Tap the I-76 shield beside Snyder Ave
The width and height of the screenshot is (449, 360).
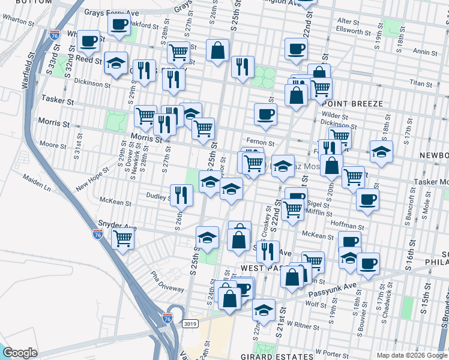(x=98, y=235)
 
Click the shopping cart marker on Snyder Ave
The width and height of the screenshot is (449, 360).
(x=122, y=238)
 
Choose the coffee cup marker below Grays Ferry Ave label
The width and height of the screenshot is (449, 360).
(x=119, y=25)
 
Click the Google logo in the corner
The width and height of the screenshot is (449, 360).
(x=20, y=353)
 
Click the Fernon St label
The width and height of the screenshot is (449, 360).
(x=262, y=143)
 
